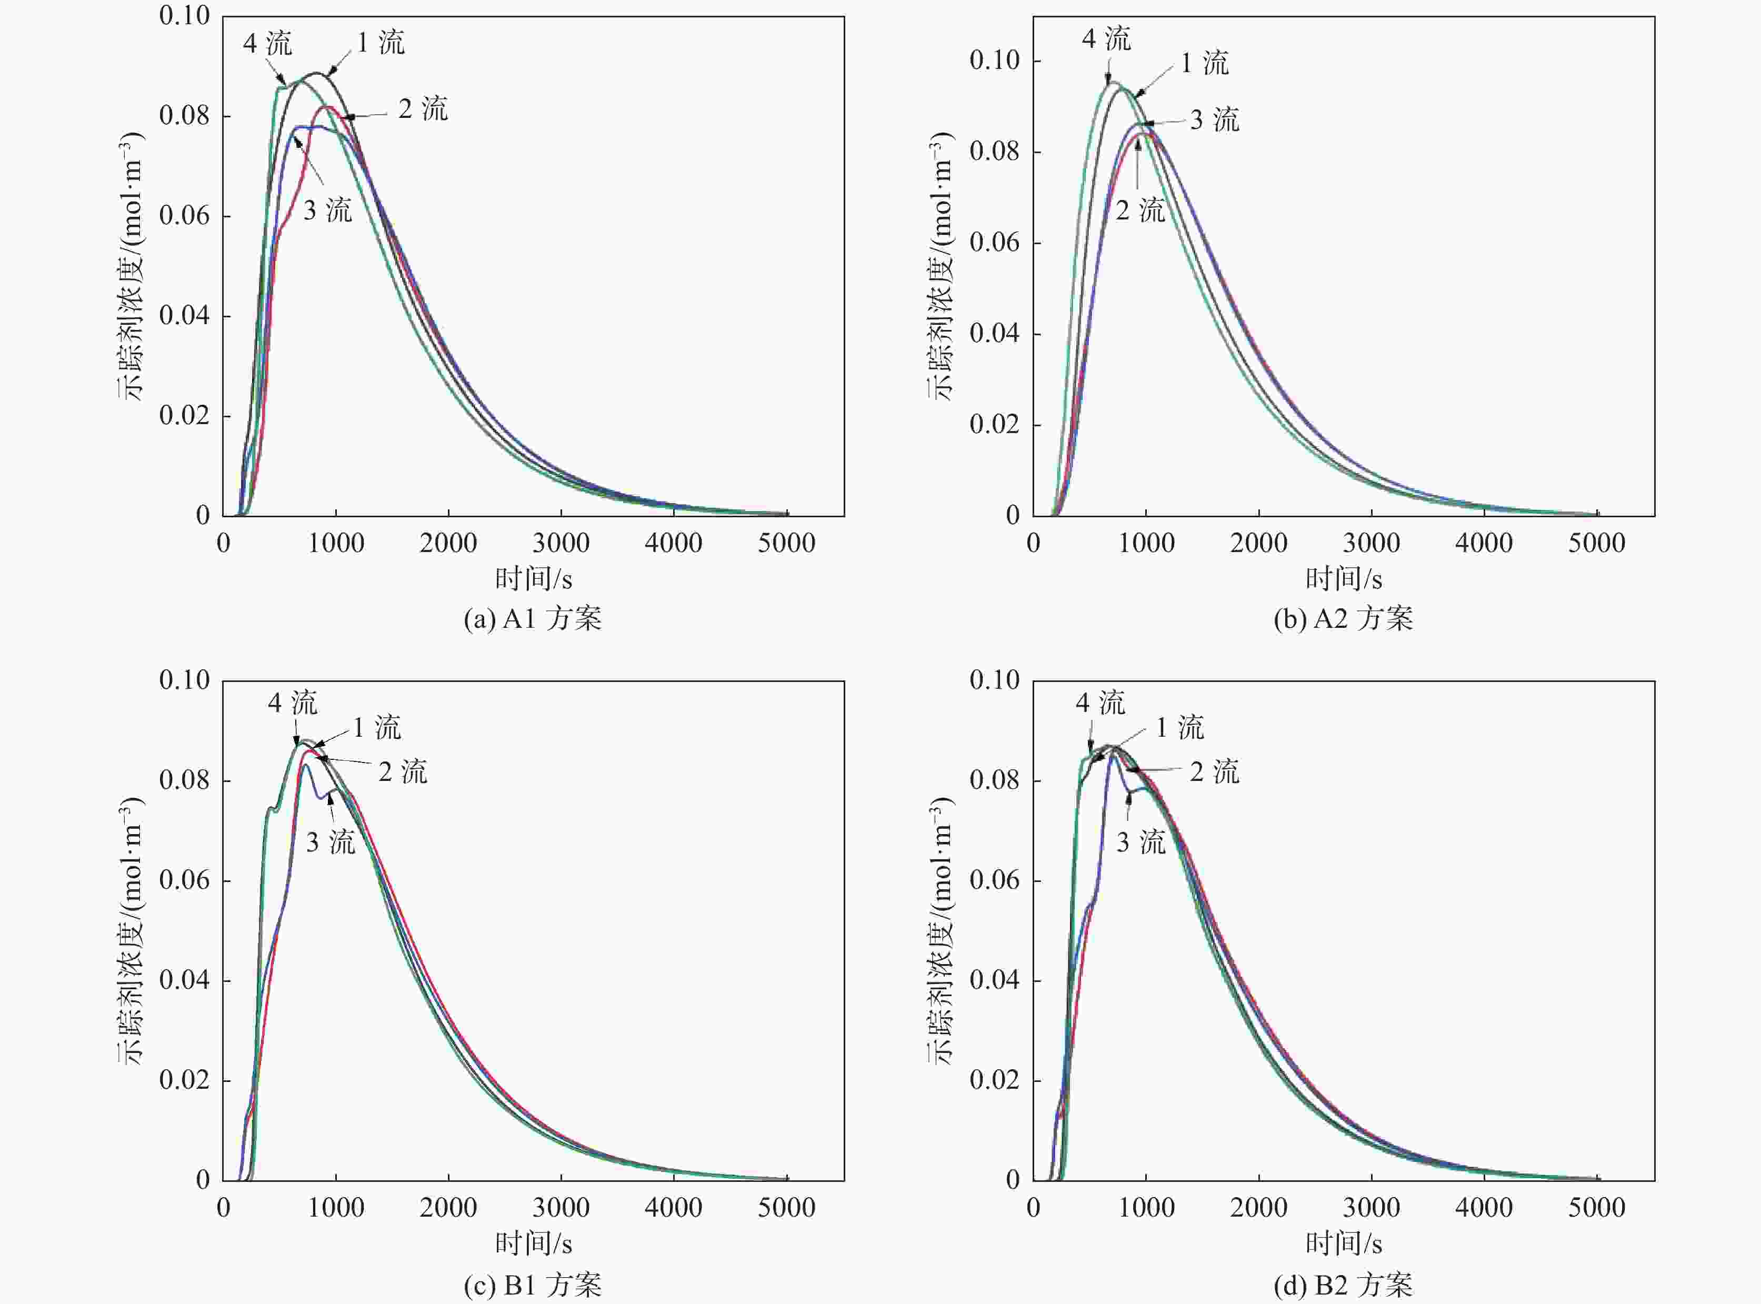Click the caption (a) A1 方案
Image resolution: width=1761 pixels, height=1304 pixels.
[533, 618]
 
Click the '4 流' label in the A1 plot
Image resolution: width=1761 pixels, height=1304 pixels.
[267, 43]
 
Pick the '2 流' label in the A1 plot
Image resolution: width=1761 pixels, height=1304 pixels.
[422, 109]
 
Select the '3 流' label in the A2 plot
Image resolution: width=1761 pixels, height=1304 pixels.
[1214, 120]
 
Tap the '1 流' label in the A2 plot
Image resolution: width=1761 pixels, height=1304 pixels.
[1205, 63]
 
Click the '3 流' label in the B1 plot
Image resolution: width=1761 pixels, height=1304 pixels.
[330, 842]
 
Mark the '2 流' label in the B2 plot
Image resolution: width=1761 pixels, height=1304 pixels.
[1214, 772]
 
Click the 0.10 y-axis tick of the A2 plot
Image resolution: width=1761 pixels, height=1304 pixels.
[995, 60]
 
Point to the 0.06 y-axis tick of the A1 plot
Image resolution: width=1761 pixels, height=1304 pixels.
[185, 216]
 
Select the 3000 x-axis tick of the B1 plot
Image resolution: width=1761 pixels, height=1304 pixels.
[561, 1208]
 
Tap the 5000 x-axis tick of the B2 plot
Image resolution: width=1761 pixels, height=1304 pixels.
[1596, 1208]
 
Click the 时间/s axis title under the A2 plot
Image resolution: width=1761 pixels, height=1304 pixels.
[1344, 579]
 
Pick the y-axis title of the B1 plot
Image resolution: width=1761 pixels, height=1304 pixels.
[131, 931]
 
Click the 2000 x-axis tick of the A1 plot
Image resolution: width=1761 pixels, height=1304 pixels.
[448, 543]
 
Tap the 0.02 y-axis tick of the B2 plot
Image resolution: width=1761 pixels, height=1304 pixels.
[995, 1080]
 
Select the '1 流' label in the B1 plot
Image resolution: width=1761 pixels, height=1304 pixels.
[376, 728]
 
